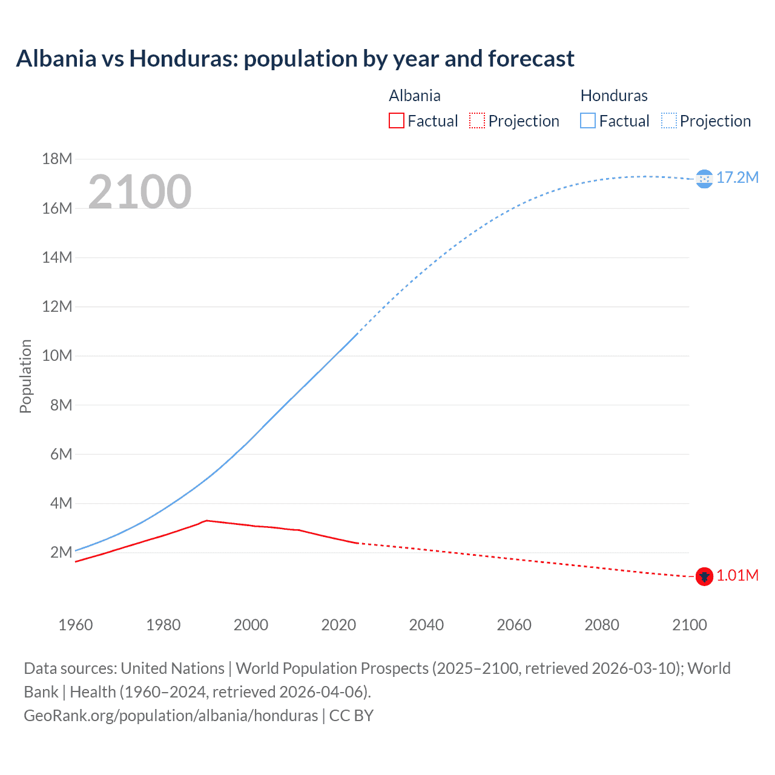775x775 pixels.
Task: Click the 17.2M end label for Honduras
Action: (737, 177)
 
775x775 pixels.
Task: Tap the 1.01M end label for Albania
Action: (737, 575)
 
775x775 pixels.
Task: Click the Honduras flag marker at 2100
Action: (704, 179)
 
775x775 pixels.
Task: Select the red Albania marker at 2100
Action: (704, 576)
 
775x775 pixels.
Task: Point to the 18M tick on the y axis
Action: (57, 159)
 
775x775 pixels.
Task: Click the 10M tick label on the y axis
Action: (57, 355)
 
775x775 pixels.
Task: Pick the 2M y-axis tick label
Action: (61, 552)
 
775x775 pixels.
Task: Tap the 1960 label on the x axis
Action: (76, 625)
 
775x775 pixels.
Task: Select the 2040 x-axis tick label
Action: (426, 625)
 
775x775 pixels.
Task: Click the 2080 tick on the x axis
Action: (602, 625)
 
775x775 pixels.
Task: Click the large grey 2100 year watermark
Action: (140, 192)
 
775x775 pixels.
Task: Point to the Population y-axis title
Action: (25, 376)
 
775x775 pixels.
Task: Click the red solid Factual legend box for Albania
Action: (397, 120)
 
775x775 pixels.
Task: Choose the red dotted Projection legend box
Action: (477, 120)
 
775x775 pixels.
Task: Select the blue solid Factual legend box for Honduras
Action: (588, 120)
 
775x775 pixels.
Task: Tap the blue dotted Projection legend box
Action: (668, 120)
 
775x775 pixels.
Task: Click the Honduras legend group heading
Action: (614, 96)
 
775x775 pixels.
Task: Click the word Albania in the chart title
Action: (56, 59)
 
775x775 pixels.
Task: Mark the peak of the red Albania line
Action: (207, 520)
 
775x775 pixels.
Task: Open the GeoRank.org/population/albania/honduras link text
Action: (171, 716)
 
